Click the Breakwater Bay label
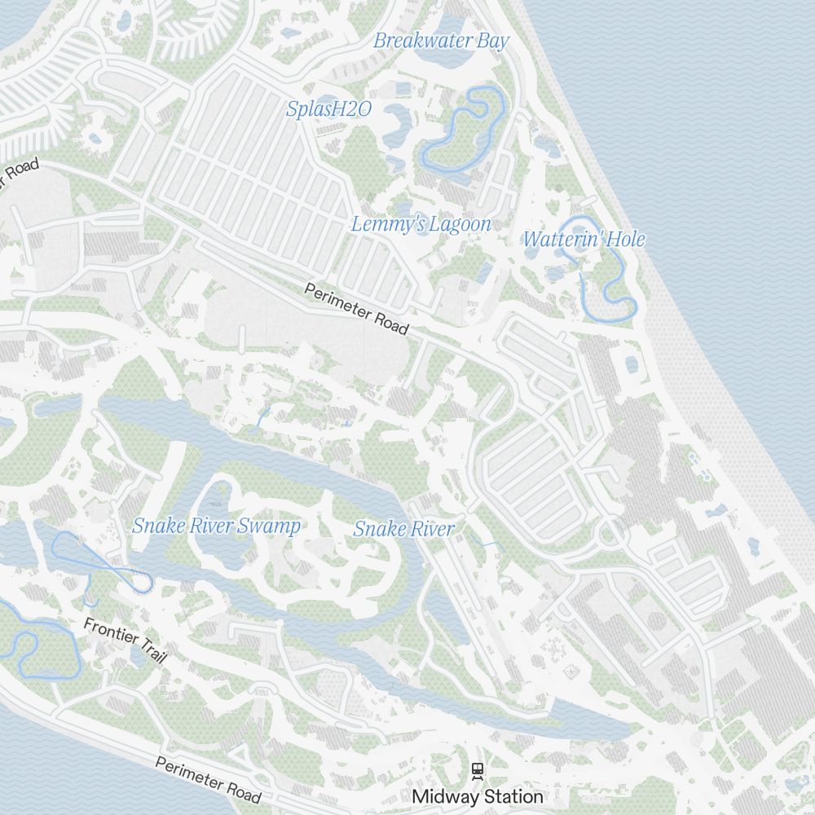[x=441, y=41]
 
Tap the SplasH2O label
[x=328, y=108]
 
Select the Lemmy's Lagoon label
[x=421, y=224]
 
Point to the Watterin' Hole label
[x=584, y=240]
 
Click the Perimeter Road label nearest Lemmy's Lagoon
[x=356, y=309]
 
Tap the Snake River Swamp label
[x=216, y=526]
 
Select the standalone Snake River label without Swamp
[x=403, y=529]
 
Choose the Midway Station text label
[x=478, y=796]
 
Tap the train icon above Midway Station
[x=478, y=769]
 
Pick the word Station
[x=511, y=796]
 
